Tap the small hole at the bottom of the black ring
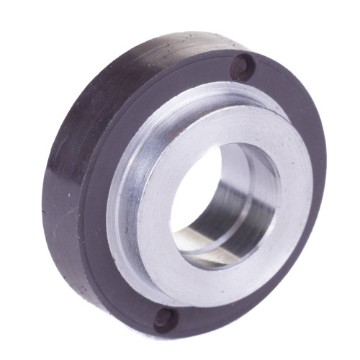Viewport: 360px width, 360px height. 163,318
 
